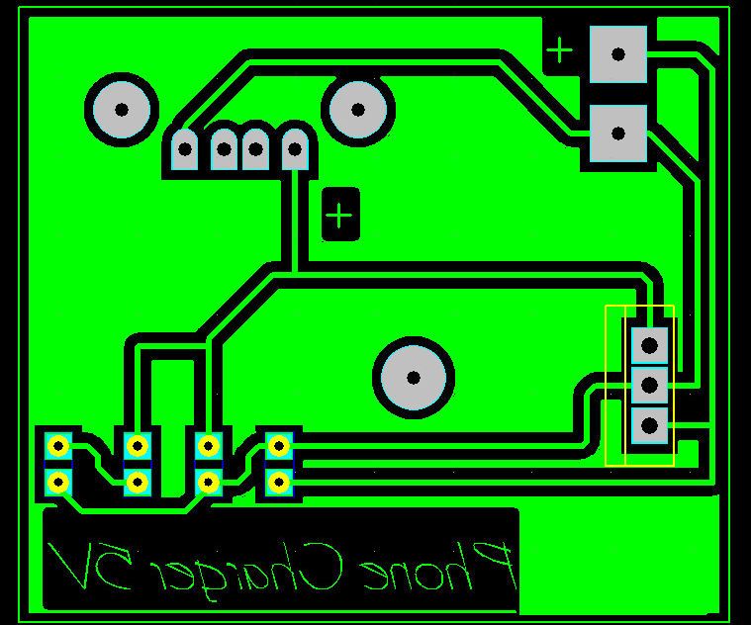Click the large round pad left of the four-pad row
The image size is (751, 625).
click(122, 110)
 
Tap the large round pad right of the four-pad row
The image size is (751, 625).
click(358, 110)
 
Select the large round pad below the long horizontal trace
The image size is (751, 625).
click(414, 378)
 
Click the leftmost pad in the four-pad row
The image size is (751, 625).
click(185, 148)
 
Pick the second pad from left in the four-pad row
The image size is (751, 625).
click(224, 148)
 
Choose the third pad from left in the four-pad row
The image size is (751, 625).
click(255, 148)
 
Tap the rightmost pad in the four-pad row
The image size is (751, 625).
click(295, 148)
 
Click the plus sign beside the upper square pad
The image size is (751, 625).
click(559, 50)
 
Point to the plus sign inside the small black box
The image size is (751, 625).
click(339, 215)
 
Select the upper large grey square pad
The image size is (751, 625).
click(618, 54)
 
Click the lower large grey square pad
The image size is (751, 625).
click(618, 134)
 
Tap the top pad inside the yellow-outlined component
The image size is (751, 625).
click(649, 345)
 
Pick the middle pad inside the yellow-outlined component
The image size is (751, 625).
click(649, 385)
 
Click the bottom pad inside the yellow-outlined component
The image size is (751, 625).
click(649, 425)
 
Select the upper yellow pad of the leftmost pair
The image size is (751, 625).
click(58, 446)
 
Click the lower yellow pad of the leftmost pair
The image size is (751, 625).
click(58, 483)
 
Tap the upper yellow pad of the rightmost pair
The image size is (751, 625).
click(279, 446)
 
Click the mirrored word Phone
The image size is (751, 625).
click(439, 567)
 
